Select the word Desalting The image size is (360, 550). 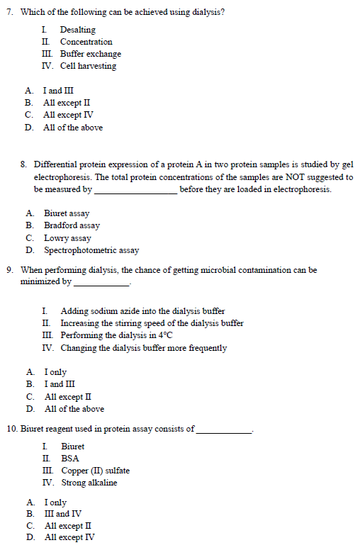(x=78, y=30)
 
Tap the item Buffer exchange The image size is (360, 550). (x=90, y=54)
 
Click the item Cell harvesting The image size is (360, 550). (x=88, y=66)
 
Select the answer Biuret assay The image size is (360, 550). (x=67, y=213)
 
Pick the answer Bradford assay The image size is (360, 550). (x=72, y=225)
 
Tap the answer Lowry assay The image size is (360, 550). (x=67, y=238)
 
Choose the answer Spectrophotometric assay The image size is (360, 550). (x=91, y=250)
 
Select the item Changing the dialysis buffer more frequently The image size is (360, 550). (x=144, y=348)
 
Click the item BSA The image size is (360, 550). (x=70, y=459)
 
